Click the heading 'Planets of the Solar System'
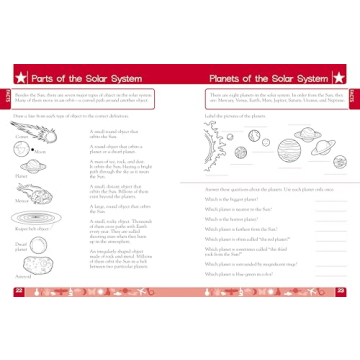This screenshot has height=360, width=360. (267, 77)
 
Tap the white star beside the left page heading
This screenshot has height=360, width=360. (20, 77)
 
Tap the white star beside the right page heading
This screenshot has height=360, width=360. (337, 77)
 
